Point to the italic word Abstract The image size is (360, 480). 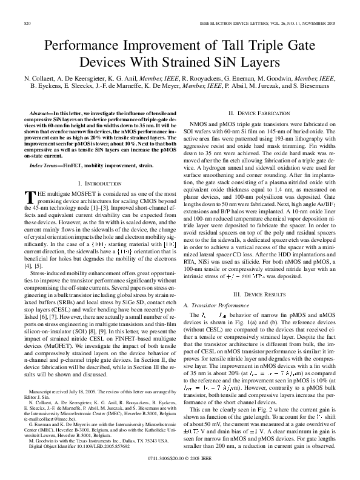pos(39,113)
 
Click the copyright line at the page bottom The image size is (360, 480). pos(179,470)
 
